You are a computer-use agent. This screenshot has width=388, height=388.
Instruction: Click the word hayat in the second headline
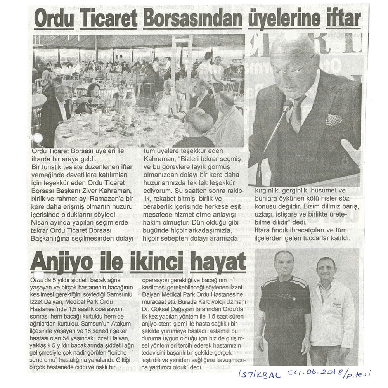pyautogui.click(x=217, y=262)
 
